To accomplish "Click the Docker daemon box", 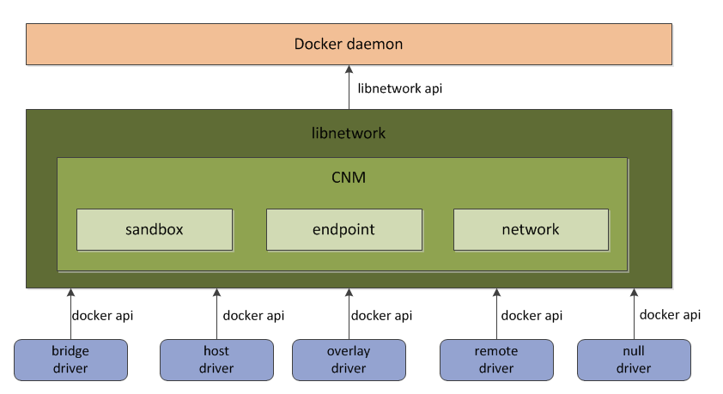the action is click(x=349, y=45).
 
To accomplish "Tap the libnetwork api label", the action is click(x=400, y=88).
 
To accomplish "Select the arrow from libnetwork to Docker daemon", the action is click(x=349, y=87).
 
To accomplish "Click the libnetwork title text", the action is click(x=349, y=133).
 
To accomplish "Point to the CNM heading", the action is click(x=349, y=178).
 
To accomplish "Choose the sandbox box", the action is click(x=155, y=229).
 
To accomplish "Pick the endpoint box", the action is click(x=344, y=229).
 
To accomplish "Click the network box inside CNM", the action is click(x=531, y=229).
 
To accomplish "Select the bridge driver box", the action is click(x=70, y=360).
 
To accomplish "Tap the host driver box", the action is click(x=216, y=360).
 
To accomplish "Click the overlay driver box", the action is click(x=349, y=360).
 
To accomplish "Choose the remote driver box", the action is click(x=496, y=360).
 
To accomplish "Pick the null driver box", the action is click(x=634, y=360).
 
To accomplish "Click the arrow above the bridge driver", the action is click(x=70, y=314).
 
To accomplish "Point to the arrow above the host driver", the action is click(x=216, y=314).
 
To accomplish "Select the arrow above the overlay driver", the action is click(x=349, y=314).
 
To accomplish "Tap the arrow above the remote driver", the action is click(x=496, y=314).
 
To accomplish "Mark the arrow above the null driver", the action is click(x=634, y=314).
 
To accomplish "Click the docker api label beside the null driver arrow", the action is click(x=670, y=315).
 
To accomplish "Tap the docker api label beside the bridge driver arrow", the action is click(x=102, y=316).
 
